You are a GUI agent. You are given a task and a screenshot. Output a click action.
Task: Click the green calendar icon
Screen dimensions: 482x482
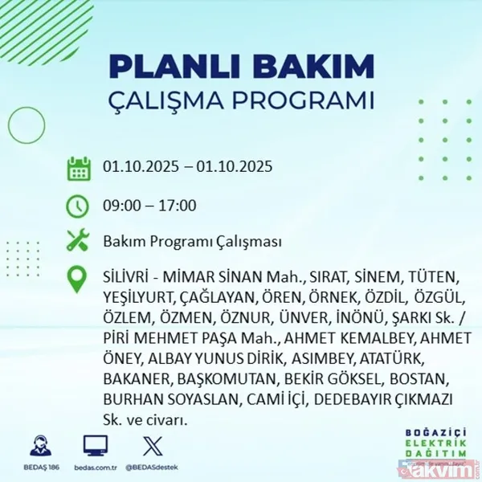78,169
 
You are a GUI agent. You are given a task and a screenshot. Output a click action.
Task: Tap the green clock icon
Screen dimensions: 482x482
78,206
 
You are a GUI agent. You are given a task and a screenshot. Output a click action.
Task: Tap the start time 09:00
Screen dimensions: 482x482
120,206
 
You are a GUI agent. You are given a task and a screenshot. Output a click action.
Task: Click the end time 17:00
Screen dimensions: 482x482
178,206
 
